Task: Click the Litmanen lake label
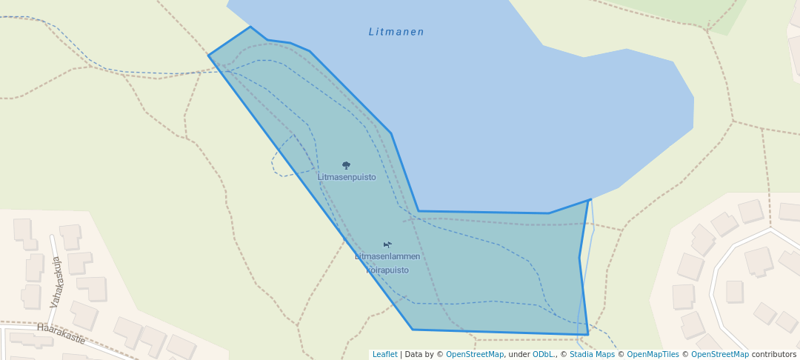[x=396, y=32]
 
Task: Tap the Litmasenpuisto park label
[x=347, y=177]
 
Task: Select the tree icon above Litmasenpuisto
[x=346, y=165]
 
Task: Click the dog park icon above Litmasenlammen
[x=387, y=244]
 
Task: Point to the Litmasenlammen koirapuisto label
[x=387, y=263]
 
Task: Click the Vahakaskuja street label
[x=56, y=282]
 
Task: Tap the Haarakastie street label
[x=61, y=333]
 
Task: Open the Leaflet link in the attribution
[x=384, y=354]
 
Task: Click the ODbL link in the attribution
[x=544, y=354]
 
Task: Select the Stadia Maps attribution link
[x=592, y=354]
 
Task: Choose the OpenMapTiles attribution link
[x=653, y=354]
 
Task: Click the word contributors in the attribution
[x=773, y=354]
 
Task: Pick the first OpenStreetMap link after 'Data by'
[x=475, y=354]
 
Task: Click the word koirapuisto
[x=387, y=270]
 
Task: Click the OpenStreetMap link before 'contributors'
[x=719, y=354]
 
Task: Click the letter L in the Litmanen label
[x=372, y=32]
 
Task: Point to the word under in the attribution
[x=519, y=354]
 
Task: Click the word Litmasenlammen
[x=387, y=256]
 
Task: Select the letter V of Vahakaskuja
[x=53, y=304]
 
